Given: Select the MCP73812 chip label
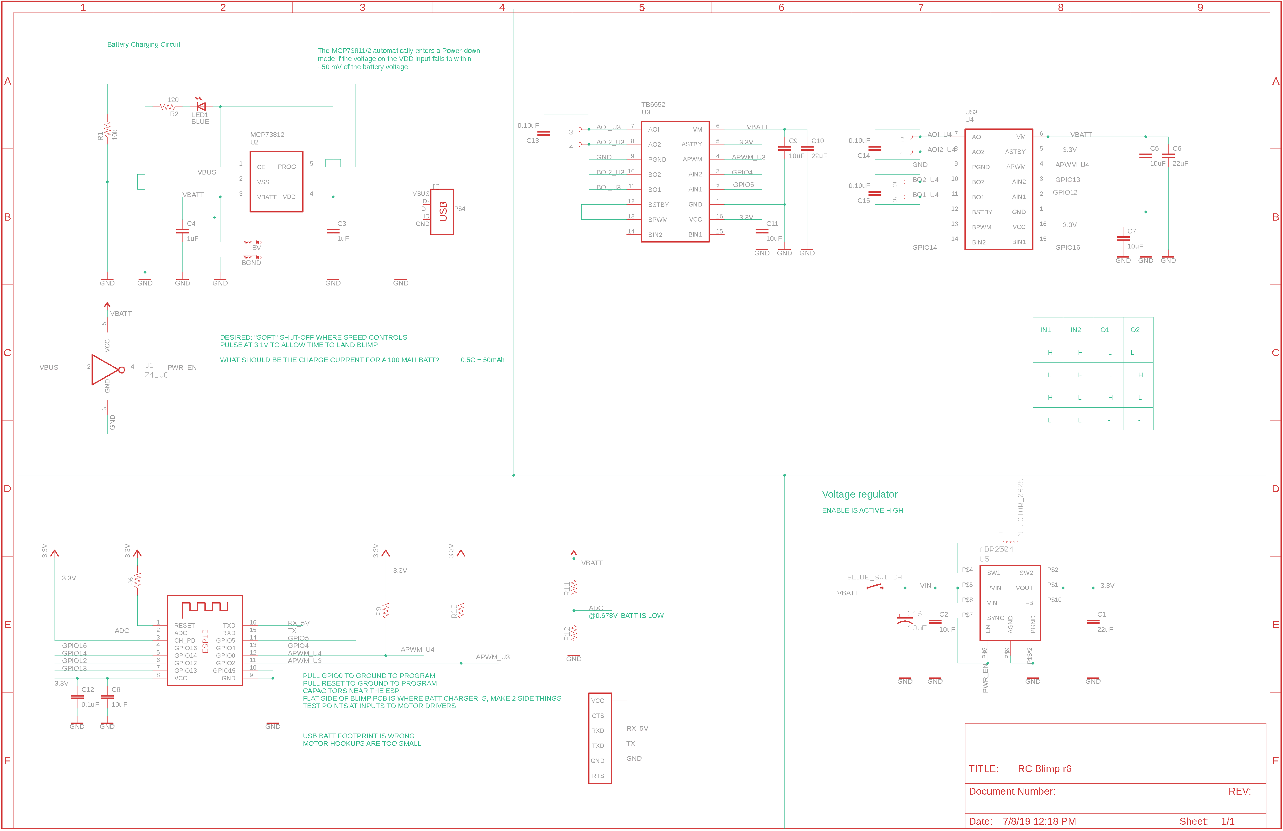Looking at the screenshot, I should (x=267, y=135).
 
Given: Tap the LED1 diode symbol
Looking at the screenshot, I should (x=201, y=107).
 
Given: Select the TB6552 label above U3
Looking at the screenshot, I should (x=653, y=105).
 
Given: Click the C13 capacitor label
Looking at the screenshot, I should (x=532, y=141).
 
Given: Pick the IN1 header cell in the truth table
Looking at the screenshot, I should (x=1045, y=330).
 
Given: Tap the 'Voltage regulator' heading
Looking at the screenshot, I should (x=859, y=495).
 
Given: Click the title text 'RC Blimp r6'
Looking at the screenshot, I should (x=1044, y=769).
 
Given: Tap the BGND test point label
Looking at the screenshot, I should (x=251, y=263).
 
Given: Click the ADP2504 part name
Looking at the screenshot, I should (x=996, y=549).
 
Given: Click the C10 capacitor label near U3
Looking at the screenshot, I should (x=817, y=141).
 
